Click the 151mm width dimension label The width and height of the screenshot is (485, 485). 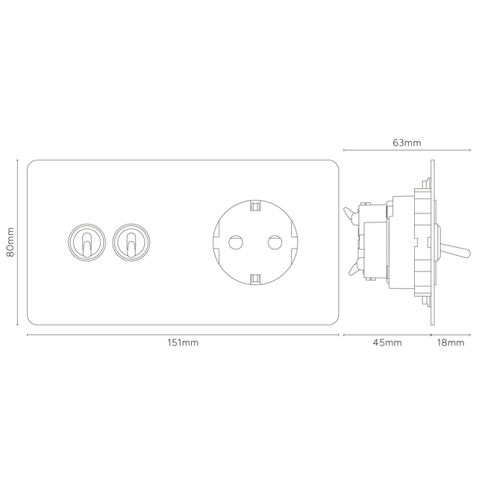coord(183,342)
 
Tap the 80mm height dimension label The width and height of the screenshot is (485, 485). coord(10,242)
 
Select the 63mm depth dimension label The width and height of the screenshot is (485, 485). coord(407,143)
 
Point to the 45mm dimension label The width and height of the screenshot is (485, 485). coord(387,342)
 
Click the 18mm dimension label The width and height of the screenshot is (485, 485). coord(451,342)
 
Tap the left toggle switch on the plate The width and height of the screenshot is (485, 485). coord(87,242)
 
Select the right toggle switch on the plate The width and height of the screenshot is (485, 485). coord(131,242)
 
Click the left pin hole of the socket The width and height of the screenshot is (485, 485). coord(236,242)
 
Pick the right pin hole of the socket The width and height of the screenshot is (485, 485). coord(275,242)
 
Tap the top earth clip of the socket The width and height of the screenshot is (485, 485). coord(255,205)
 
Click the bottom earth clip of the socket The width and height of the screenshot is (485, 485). coord(255,279)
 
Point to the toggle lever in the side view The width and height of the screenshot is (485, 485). coord(454,251)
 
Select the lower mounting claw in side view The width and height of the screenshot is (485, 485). coord(353,269)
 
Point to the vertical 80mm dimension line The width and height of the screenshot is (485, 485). coord(17,242)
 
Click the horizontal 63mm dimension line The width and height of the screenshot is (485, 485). coord(407,150)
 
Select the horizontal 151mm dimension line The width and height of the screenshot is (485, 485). coord(183,335)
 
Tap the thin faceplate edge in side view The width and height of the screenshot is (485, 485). coord(433,242)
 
